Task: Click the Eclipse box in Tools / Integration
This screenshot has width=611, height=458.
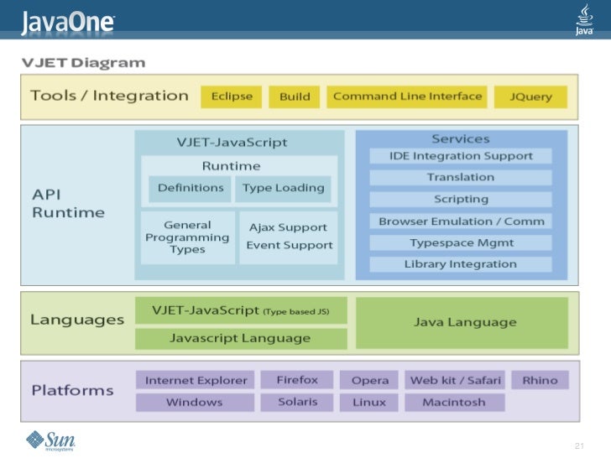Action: point(231,96)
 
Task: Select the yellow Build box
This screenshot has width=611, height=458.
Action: point(295,96)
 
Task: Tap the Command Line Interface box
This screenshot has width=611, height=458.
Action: point(407,96)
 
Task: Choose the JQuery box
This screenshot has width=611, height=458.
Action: point(530,96)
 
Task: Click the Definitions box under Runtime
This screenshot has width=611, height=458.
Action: point(190,189)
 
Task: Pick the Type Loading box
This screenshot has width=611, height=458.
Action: point(284,189)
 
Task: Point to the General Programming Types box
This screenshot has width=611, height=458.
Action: point(187,237)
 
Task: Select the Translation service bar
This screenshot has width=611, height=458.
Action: point(461,178)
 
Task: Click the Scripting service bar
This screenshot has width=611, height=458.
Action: point(461,200)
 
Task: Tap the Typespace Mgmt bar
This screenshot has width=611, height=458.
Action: point(461,242)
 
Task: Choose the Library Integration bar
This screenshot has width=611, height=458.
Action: point(461,264)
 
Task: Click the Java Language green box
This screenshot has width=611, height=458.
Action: point(462,323)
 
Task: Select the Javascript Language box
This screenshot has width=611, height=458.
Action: point(241,338)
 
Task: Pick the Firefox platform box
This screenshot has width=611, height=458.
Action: point(297,380)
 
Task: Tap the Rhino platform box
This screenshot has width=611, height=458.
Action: point(540,380)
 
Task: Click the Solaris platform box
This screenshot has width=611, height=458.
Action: point(297,402)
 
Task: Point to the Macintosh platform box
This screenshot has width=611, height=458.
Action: point(455,402)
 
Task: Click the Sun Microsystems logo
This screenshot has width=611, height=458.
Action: point(50,441)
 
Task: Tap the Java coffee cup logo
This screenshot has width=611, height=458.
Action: point(584,19)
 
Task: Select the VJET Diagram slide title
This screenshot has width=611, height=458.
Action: point(83,63)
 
